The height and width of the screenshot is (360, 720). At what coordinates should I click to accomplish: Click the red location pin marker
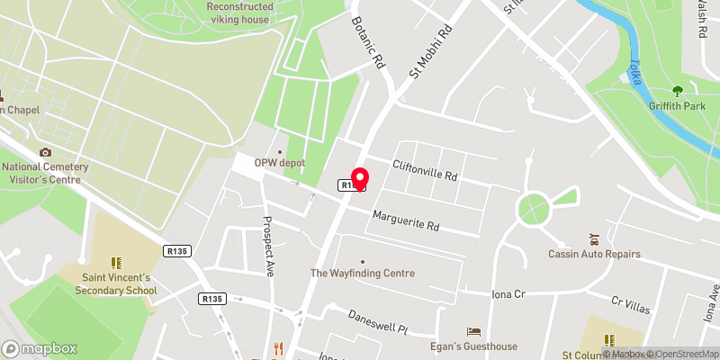(x=360, y=178)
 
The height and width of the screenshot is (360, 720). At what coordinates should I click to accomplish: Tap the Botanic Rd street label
(x=368, y=44)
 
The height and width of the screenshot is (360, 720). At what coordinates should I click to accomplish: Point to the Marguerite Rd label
(x=406, y=220)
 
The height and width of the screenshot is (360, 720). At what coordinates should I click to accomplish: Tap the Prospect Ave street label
(x=267, y=246)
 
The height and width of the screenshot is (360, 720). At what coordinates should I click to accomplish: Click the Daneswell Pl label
(x=378, y=323)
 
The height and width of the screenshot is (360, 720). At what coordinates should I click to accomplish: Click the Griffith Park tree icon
(x=678, y=91)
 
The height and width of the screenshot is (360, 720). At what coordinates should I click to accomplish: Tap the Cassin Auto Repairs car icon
(x=594, y=238)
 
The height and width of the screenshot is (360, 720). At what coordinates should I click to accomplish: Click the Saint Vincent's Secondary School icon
(x=115, y=263)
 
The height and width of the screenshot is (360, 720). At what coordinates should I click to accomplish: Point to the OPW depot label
(x=280, y=163)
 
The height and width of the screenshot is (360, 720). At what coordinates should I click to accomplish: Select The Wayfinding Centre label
(x=363, y=273)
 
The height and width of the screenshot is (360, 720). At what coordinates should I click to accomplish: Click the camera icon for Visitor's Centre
(x=45, y=152)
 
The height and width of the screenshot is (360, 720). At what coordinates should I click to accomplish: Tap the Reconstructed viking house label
(x=240, y=12)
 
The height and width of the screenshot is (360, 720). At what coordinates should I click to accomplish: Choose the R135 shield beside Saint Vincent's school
(x=175, y=252)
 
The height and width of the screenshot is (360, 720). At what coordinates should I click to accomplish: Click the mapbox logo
(x=40, y=348)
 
